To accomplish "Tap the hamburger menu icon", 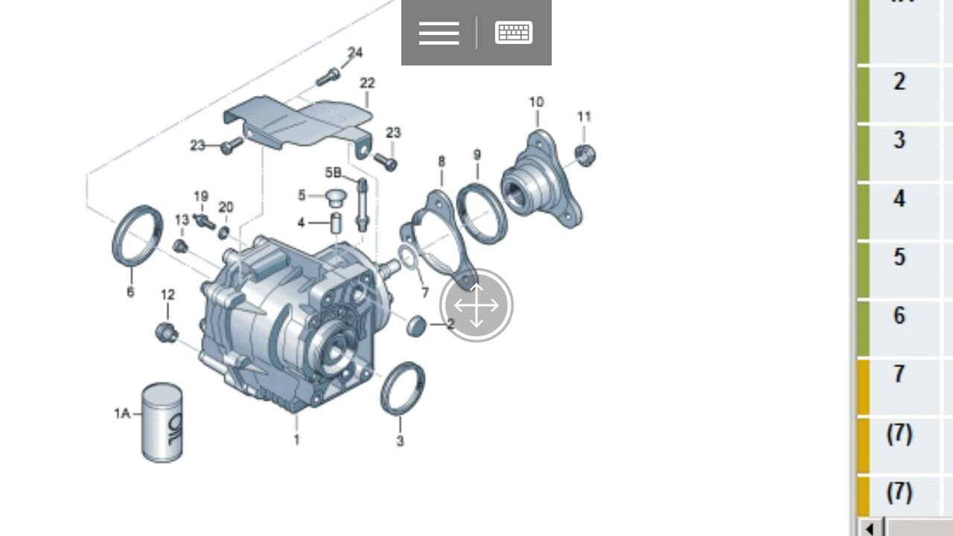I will click(x=439, y=33).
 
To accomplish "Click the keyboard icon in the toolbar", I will click(x=514, y=33).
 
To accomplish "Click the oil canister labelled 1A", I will click(x=162, y=422).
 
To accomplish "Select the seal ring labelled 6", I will click(x=137, y=235).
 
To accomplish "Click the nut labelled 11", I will click(x=585, y=155).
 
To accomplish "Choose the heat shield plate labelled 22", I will click(x=298, y=121).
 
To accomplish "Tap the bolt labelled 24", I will click(x=328, y=76).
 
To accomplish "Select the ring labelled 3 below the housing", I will click(x=403, y=388).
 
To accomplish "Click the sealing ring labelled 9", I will click(x=482, y=214).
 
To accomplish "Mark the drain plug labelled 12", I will click(x=166, y=332).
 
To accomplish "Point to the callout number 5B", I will click(x=333, y=173).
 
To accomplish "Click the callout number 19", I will click(x=201, y=197).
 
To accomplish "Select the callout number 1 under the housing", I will click(x=296, y=440).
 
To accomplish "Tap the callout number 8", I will click(x=442, y=162).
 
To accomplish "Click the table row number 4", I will click(x=899, y=199).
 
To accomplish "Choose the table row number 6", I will click(x=899, y=316).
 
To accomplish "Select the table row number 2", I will click(x=899, y=81).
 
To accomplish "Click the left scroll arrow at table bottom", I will click(x=870, y=528).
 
